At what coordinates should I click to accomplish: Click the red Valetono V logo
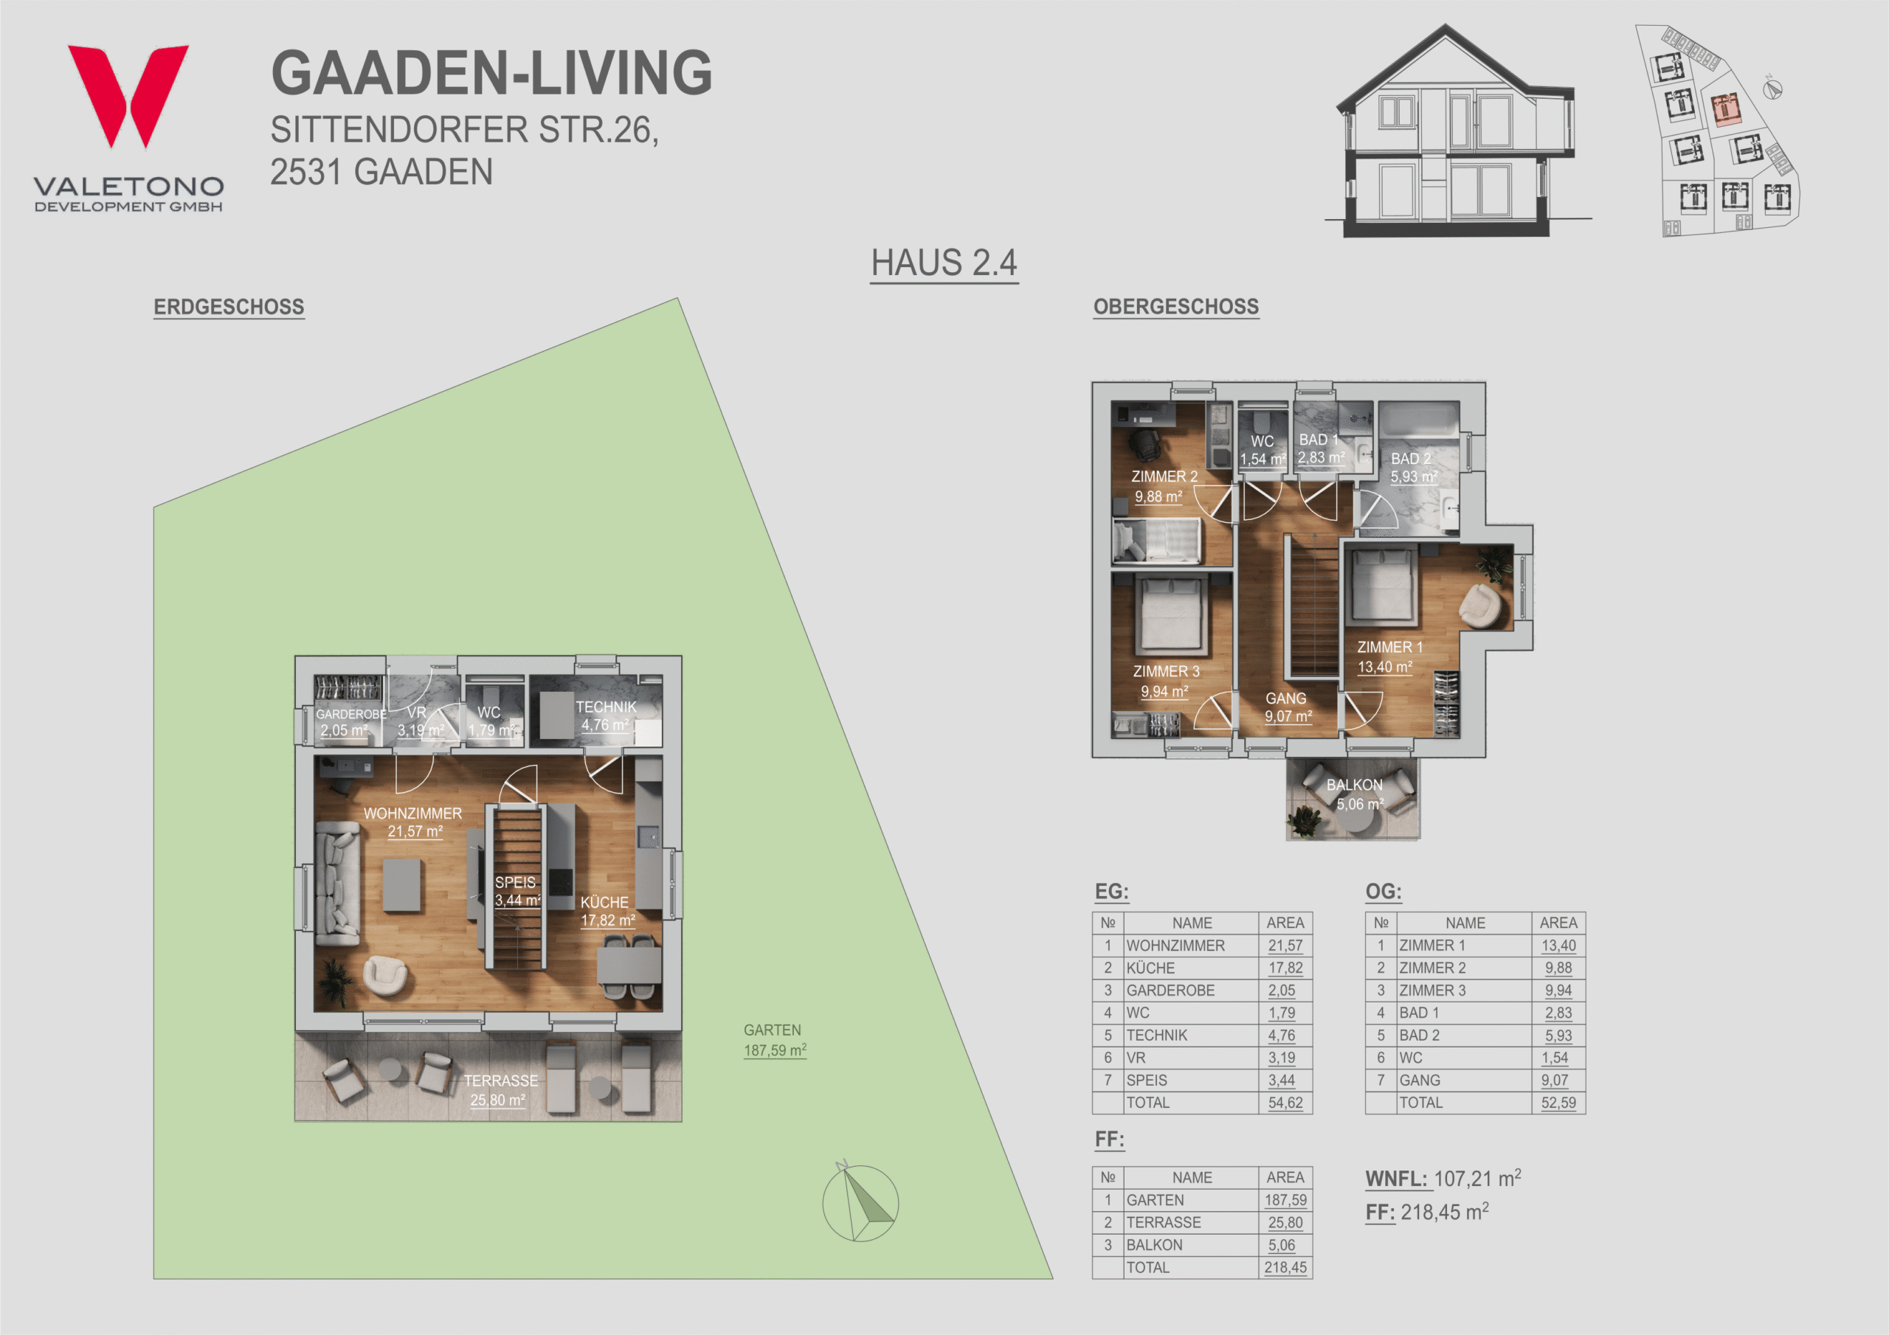(x=128, y=95)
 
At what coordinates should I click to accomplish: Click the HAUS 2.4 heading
(x=944, y=263)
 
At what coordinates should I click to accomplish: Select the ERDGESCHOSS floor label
(x=229, y=307)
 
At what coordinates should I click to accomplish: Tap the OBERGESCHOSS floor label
(x=1175, y=307)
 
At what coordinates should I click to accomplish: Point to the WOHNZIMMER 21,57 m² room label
(x=413, y=822)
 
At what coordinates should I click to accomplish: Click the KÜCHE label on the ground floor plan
(x=605, y=902)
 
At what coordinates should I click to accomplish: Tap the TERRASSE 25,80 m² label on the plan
(x=500, y=1090)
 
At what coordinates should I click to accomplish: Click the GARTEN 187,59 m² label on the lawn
(x=774, y=1041)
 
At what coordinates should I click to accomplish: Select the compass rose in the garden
(x=860, y=1201)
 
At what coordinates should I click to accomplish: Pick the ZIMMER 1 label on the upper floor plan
(x=1389, y=648)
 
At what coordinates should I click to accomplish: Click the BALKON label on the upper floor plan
(x=1354, y=785)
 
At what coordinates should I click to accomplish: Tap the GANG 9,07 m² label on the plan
(x=1288, y=707)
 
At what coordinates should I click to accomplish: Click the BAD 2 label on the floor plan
(x=1411, y=458)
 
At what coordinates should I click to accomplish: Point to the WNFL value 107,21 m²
(x=1477, y=1178)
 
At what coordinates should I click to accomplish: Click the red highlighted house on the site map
(x=1724, y=108)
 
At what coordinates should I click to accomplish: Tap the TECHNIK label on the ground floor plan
(x=606, y=707)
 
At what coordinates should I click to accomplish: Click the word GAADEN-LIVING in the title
(x=491, y=72)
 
